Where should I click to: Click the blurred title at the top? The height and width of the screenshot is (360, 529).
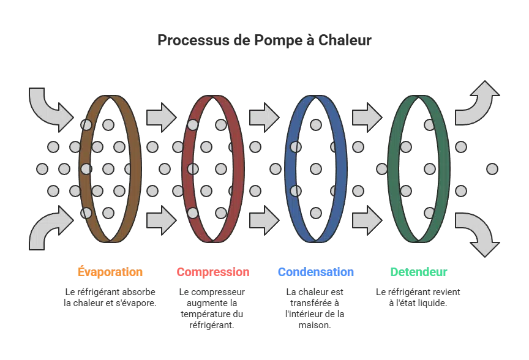(x=264, y=41)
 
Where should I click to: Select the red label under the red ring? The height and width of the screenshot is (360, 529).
(x=213, y=272)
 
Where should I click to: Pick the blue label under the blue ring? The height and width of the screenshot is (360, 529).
(x=316, y=272)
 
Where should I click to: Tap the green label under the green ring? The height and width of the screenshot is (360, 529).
(x=419, y=272)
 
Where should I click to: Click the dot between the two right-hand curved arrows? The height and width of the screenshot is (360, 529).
(x=492, y=168)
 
